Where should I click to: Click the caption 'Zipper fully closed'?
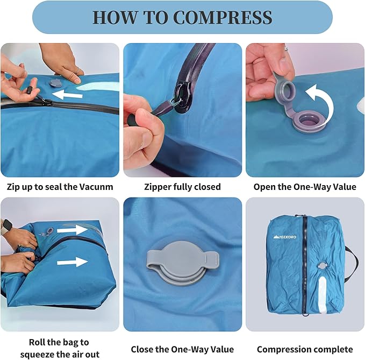[x=182, y=187]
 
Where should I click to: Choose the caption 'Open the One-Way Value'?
[x=305, y=187]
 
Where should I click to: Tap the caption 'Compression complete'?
[x=305, y=349]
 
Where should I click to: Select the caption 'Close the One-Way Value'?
[x=182, y=349]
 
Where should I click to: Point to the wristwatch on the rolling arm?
[x=6, y=225]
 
